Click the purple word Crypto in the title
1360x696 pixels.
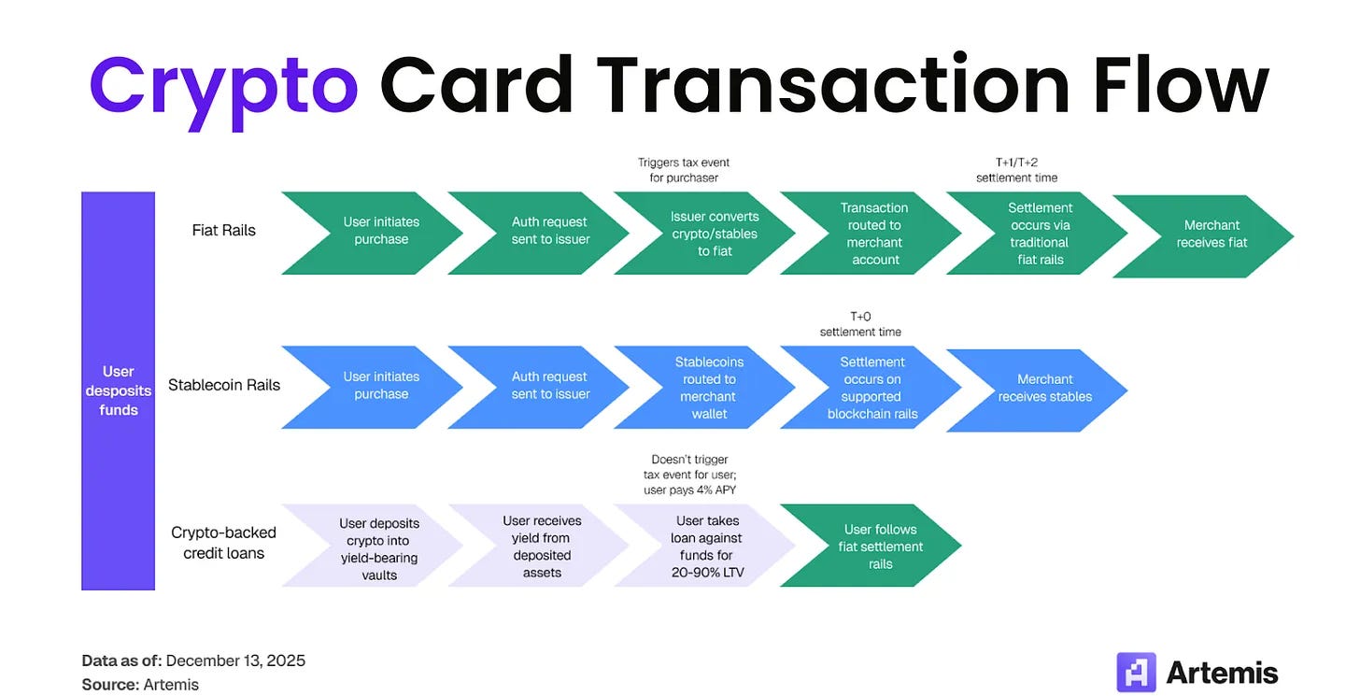[x=223, y=85]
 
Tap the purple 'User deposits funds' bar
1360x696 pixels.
[x=119, y=391]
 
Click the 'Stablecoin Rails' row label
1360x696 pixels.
[x=224, y=385]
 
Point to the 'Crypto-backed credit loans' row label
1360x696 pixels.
[x=224, y=543]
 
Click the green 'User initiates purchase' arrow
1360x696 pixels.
[x=379, y=231]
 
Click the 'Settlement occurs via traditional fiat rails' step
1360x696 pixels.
[x=1040, y=234]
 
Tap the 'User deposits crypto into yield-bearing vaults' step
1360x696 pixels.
[x=378, y=549]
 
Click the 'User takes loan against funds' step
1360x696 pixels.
[x=707, y=547]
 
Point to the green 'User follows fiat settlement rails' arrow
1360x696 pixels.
[x=879, y=547]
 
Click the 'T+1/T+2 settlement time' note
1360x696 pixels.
[x=1016, y=170]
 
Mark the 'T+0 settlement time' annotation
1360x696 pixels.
[x=860, y=324]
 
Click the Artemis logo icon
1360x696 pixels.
[x=1136, y=672]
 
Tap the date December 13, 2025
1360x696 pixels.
[x=235, y=660]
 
